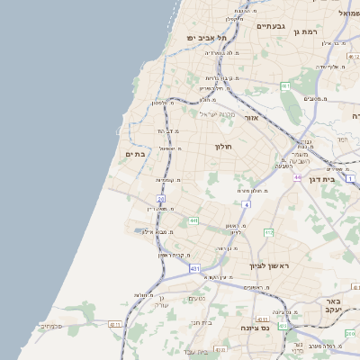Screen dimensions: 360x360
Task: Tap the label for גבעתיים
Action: pos(270,26)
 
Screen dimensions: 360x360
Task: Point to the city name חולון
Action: pos(223,146)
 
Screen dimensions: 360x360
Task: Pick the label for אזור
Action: pos(251,118)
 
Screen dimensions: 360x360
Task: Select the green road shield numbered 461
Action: pos(284,86)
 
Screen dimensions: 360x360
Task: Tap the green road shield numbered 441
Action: pos(193,220)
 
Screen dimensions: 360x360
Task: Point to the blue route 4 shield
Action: pos(246,205)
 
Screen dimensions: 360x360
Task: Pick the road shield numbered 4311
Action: pos(114,324)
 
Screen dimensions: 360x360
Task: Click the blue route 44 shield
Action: pos(297,177)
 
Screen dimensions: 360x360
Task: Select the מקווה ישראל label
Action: pos(216,113)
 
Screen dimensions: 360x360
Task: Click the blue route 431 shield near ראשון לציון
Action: pos(195,268)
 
